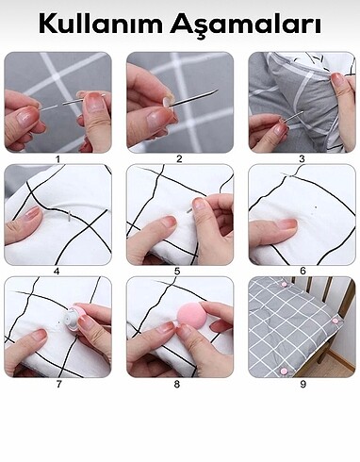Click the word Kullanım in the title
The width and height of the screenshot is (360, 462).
101,25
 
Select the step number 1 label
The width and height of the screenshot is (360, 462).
57,159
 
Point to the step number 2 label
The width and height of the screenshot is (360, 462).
179,159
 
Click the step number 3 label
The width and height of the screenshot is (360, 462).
302,159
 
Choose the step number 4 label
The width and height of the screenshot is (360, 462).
57,272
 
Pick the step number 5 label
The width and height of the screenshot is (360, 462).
177,272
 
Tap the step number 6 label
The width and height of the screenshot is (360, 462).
303,271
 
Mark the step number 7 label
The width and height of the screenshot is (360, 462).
58,384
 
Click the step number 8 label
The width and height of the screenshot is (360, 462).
177,384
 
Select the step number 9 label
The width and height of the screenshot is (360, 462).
303,384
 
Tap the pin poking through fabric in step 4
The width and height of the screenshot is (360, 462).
70,216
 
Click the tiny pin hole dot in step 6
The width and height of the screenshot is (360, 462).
316,207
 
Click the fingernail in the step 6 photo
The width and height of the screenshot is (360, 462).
288,223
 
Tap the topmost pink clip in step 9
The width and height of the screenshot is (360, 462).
284,285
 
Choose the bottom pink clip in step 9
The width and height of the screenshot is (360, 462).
285,371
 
